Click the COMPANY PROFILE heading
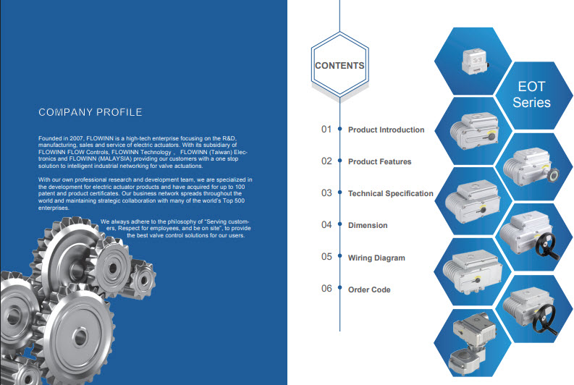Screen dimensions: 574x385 click(90, 112)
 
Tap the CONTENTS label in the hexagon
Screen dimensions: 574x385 click(339, 66)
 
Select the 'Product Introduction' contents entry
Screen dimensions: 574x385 click(387, 130)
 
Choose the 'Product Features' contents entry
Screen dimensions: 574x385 click(379, 161)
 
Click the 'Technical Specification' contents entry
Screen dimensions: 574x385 click(391, 193)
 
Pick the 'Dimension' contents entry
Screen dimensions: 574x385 click(368, 225)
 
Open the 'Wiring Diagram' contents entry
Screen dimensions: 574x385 click(376, 258)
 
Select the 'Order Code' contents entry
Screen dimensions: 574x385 click(369, 289)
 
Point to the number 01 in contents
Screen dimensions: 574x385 click(326, 130)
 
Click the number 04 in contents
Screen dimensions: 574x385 click(326, 225)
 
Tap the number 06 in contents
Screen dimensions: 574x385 click(326, 288)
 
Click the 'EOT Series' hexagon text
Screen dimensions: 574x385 click(531, 94)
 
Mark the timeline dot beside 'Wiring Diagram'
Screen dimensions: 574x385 click(339, 255)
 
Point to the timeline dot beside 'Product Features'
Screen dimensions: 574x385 click(339, 160)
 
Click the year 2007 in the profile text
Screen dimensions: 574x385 click(77, 138)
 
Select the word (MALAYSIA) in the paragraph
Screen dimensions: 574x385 click(114, 158)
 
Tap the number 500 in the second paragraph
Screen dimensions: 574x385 click(239, 200)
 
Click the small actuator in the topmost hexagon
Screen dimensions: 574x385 click(474, 62)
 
